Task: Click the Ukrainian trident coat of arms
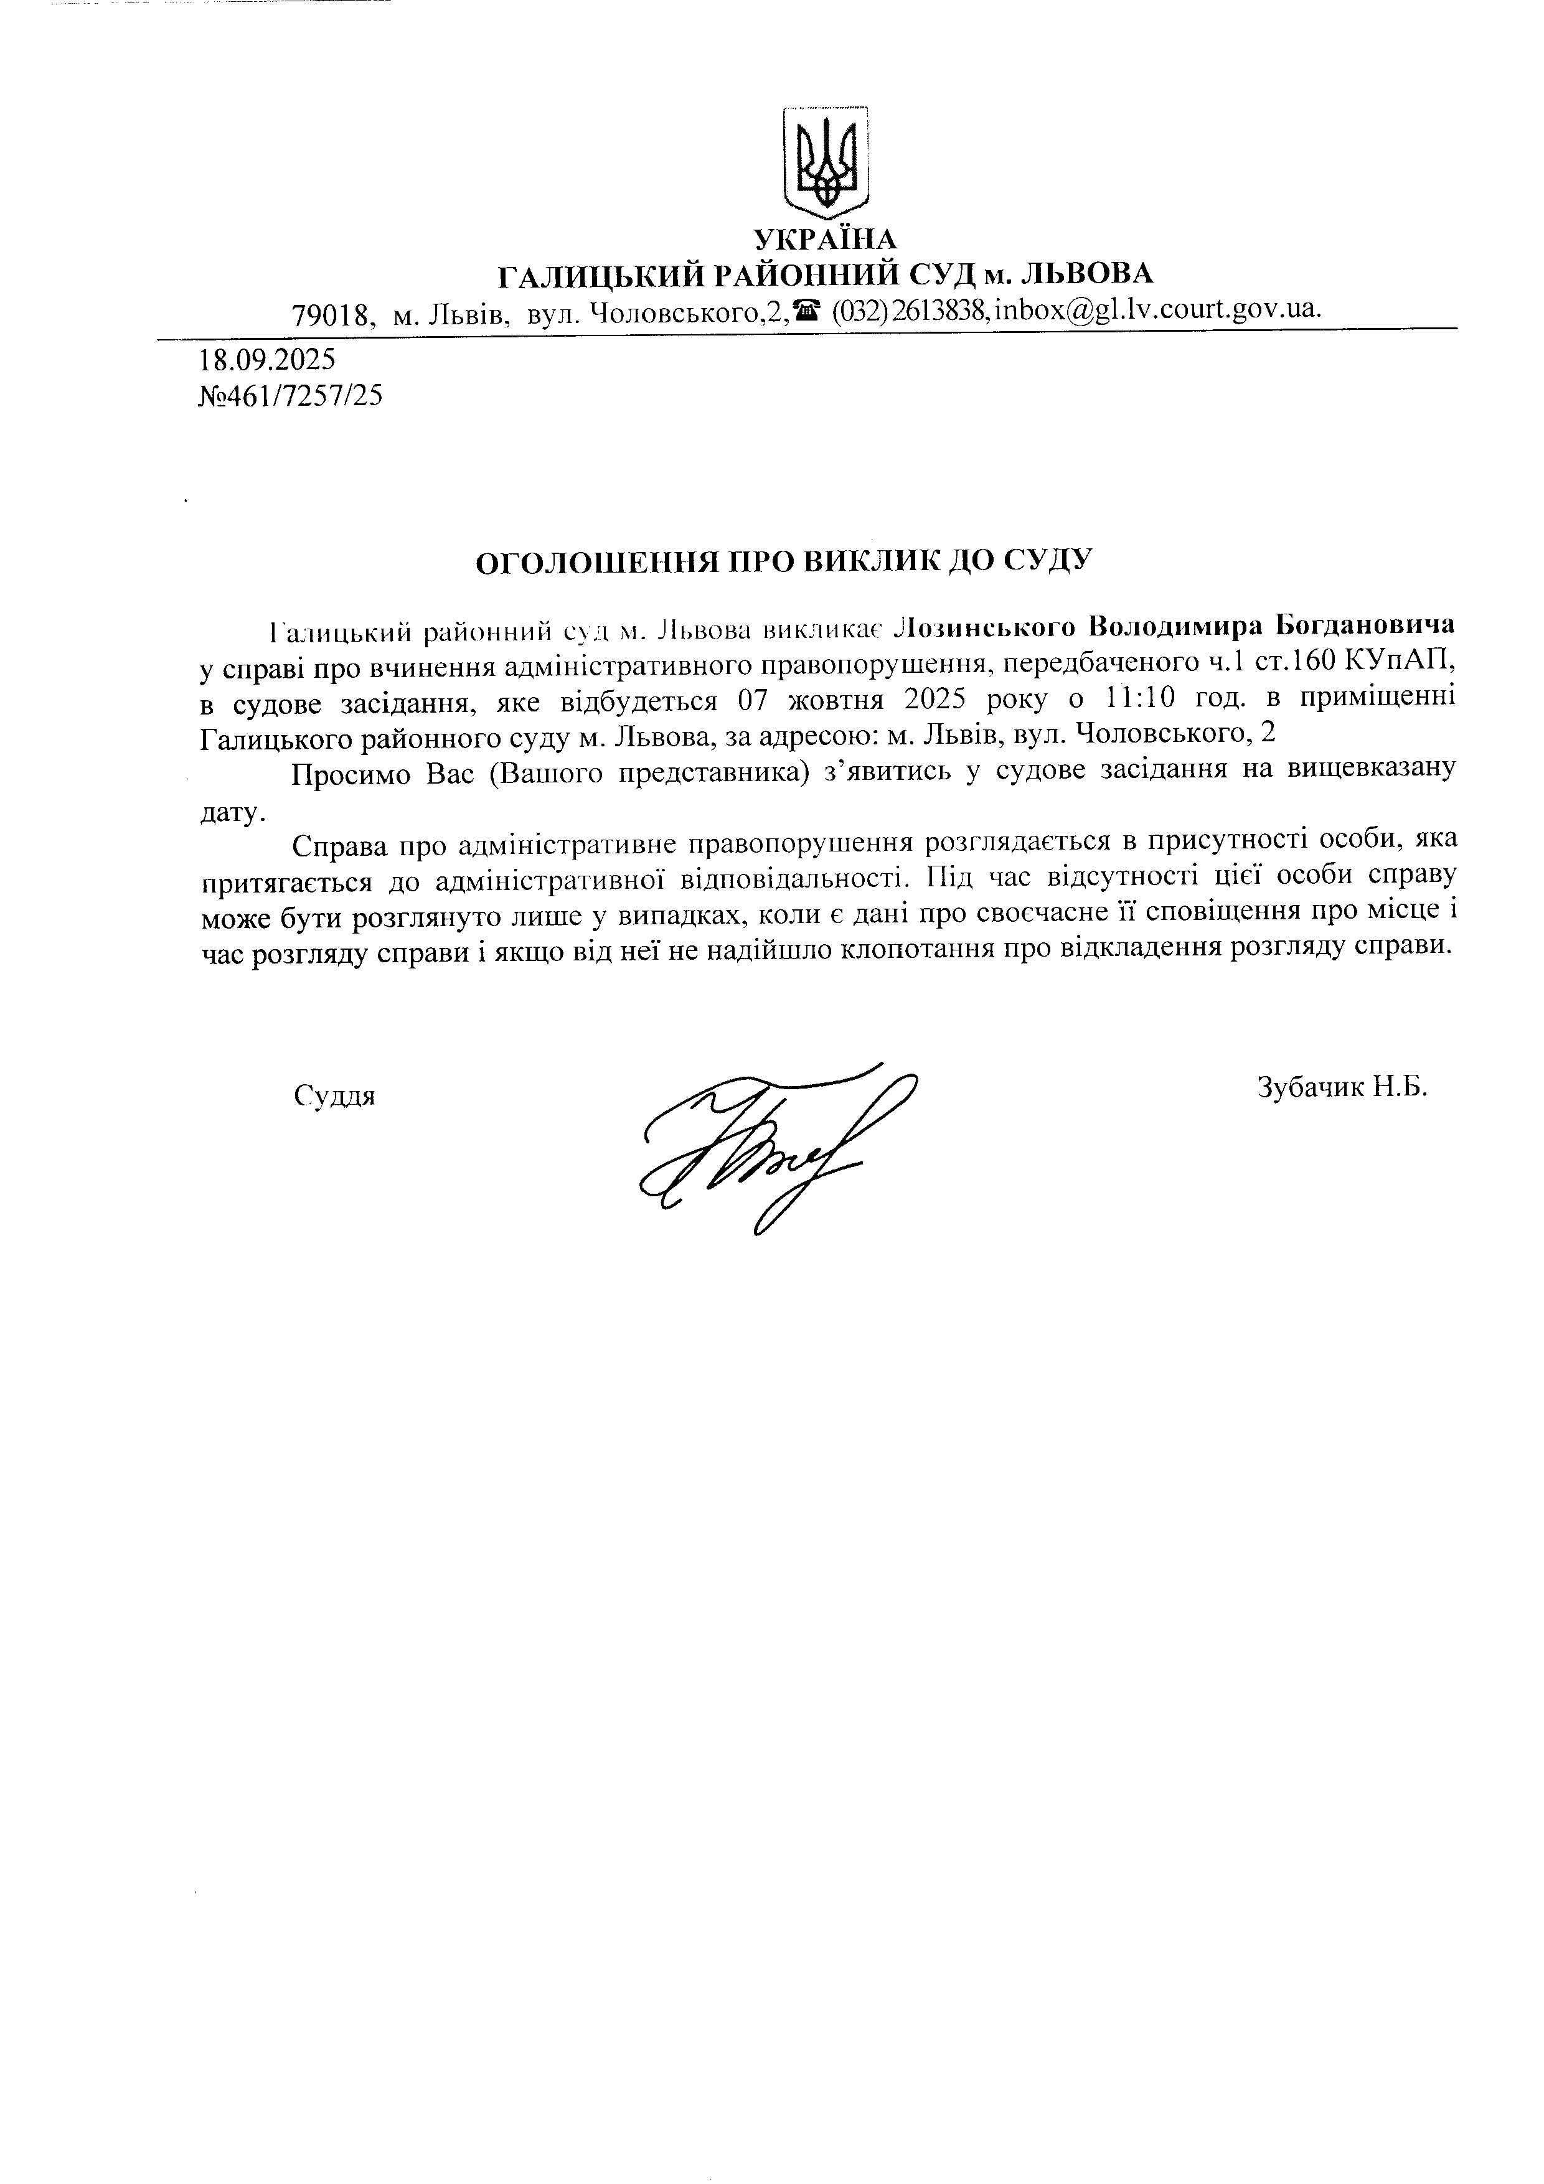click(824, 162)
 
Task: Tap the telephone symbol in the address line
click(809, 309)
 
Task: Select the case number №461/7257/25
click(290, 396)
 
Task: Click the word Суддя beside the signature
click(335, 1096)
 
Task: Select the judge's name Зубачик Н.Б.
click(1342, 1087)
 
